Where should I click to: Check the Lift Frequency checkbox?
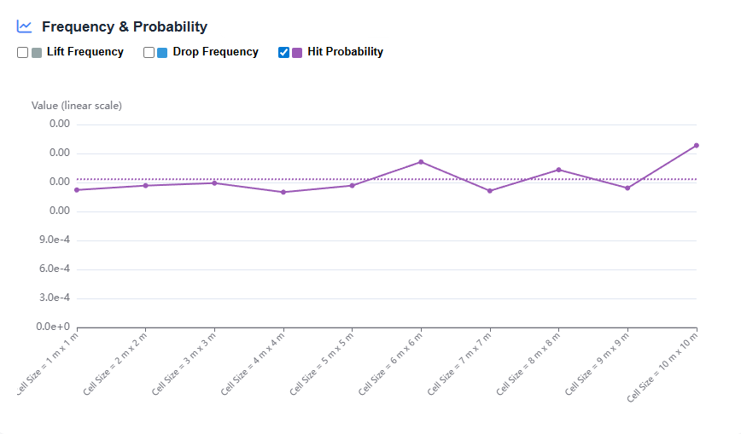23,53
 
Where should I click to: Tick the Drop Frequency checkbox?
149,53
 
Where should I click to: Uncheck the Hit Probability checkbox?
284,53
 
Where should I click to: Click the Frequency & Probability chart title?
125,27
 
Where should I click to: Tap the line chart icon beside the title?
25,27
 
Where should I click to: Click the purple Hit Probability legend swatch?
297,53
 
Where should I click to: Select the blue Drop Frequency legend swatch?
162,53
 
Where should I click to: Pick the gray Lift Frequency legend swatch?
37,53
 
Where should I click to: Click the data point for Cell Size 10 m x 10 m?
697,145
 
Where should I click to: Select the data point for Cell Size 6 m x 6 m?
421,162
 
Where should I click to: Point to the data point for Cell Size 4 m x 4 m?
283,192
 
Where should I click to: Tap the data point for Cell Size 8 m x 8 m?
558,170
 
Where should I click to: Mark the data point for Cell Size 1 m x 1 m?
77,190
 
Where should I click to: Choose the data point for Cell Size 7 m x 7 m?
490,191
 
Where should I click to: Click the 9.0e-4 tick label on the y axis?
55,240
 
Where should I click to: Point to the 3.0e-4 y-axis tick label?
55,298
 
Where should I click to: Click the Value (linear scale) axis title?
77,106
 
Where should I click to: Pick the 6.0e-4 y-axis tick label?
55,269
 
